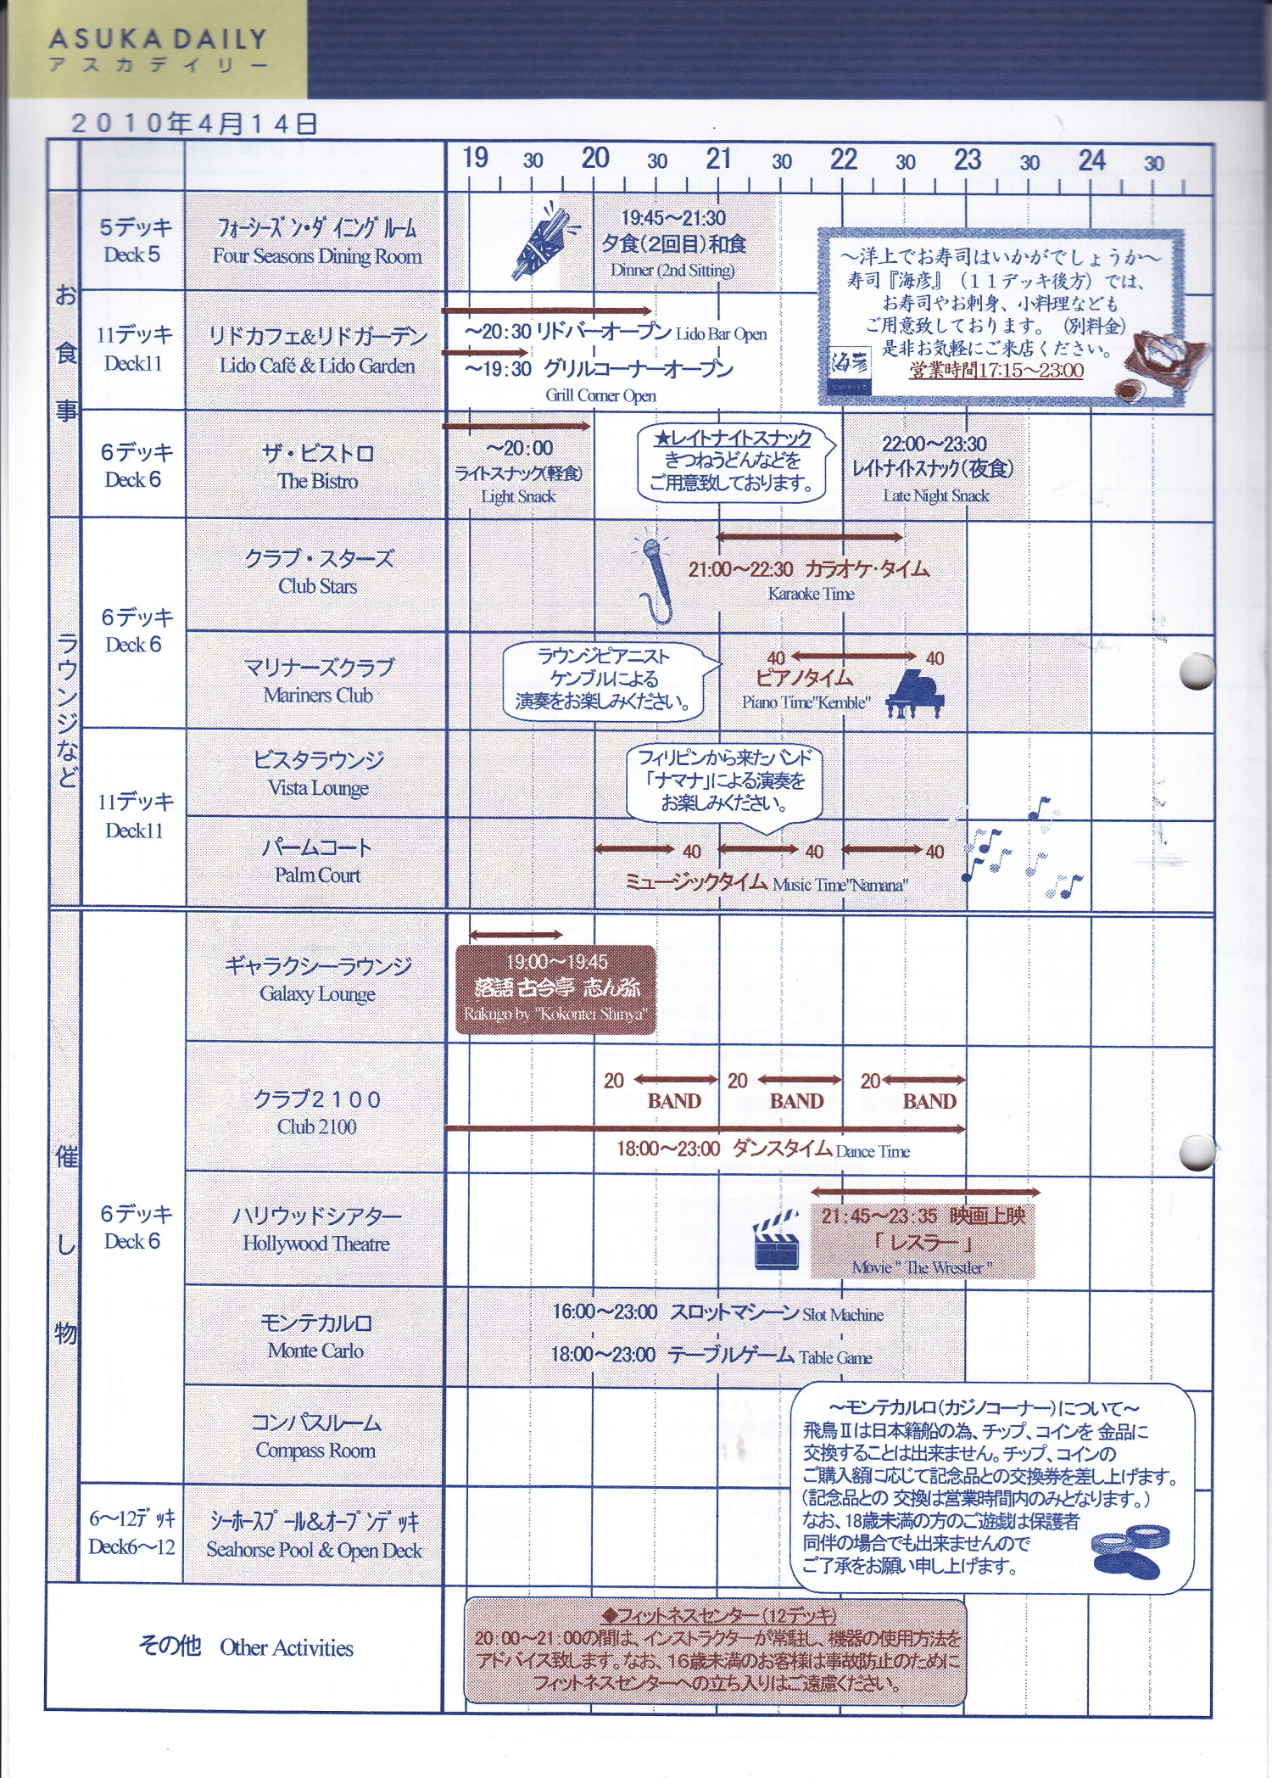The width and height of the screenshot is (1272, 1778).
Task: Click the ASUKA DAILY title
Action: point(158,40)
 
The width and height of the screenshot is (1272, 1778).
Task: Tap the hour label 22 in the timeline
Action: point(843,159)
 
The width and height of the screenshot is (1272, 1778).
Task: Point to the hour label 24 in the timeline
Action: point(1091,160)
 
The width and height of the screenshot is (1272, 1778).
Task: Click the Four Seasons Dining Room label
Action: point(316,242)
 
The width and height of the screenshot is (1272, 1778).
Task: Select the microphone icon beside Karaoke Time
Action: point(654,580)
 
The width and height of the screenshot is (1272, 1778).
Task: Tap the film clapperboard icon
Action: point(776,1242)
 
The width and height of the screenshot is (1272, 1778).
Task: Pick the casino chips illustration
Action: point(1130,1552)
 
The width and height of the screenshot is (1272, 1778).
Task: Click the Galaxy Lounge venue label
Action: point(317,979)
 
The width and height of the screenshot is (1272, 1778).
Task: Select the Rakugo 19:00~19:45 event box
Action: point(555,989)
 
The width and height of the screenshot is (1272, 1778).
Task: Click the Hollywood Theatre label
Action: point(315,1229)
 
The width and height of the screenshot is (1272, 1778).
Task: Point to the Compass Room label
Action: point(315,1436)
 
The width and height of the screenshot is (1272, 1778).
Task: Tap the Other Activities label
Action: point(246,1647)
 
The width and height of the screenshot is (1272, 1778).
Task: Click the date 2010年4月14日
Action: point(194,124)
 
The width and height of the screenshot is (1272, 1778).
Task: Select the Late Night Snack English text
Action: point(935,496)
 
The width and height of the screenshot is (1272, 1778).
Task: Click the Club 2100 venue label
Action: point(316,1112)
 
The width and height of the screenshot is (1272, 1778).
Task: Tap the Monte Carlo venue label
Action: point(315,1336)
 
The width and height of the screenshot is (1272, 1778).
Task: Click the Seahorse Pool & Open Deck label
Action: point(314,1536)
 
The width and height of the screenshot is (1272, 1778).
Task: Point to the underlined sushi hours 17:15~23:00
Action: point(996,371)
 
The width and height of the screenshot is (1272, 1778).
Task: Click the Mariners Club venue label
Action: point(318,680)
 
